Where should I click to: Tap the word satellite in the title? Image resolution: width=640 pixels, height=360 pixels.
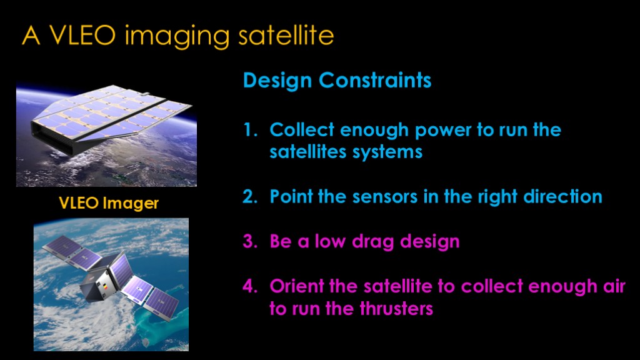coord(286,35)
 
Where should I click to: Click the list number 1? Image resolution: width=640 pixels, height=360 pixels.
coord(250,130)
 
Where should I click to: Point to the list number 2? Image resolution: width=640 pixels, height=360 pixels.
coord(250,196)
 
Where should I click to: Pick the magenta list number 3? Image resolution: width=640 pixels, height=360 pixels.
coord(250,241)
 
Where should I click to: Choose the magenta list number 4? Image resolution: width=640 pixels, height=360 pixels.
coord(250,286)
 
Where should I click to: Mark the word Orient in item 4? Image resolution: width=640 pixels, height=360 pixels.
coord(297,286)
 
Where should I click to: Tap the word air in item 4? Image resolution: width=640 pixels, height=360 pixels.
coord(614,286)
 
